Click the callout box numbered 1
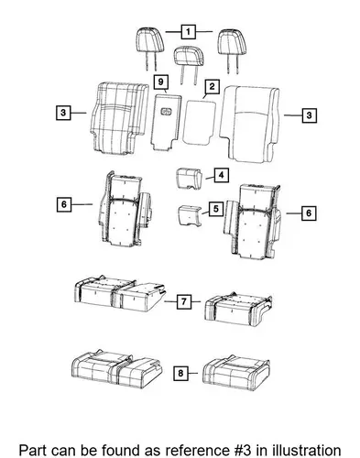pyautogui.click(x=189, y=31)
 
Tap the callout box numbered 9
pyautogui.click(x=161, y=82)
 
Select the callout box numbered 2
pyautogui.click(x=212, y=86)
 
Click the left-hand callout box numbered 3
pyautogui.click(x=63, y=113)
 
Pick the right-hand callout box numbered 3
pyautogui.click(x=309, y=115)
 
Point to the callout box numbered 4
pyautogui.click(x=222, y=175)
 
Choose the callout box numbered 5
pyautogui.click(x=216, y=209)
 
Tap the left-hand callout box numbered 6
pyautogui.click(x=64, y=204)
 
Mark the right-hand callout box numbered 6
pyautogui.click(x=309, y=213)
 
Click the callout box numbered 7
pyautogui.click(x=184, y=301)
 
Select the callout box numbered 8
pyautogui.click(x=180, y=373)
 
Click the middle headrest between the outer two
pyautogui.click(x=189, y=56)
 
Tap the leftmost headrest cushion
pyautogui.click(x=149, y=40)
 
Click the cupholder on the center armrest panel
pyautogui.click(x=167, y=112)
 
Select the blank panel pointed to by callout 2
pyautogui.click(x=199, y=122)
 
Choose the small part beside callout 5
pyautogui.click(x=190, y=216)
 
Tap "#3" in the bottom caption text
pyautogui.click(x=240, y=450)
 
